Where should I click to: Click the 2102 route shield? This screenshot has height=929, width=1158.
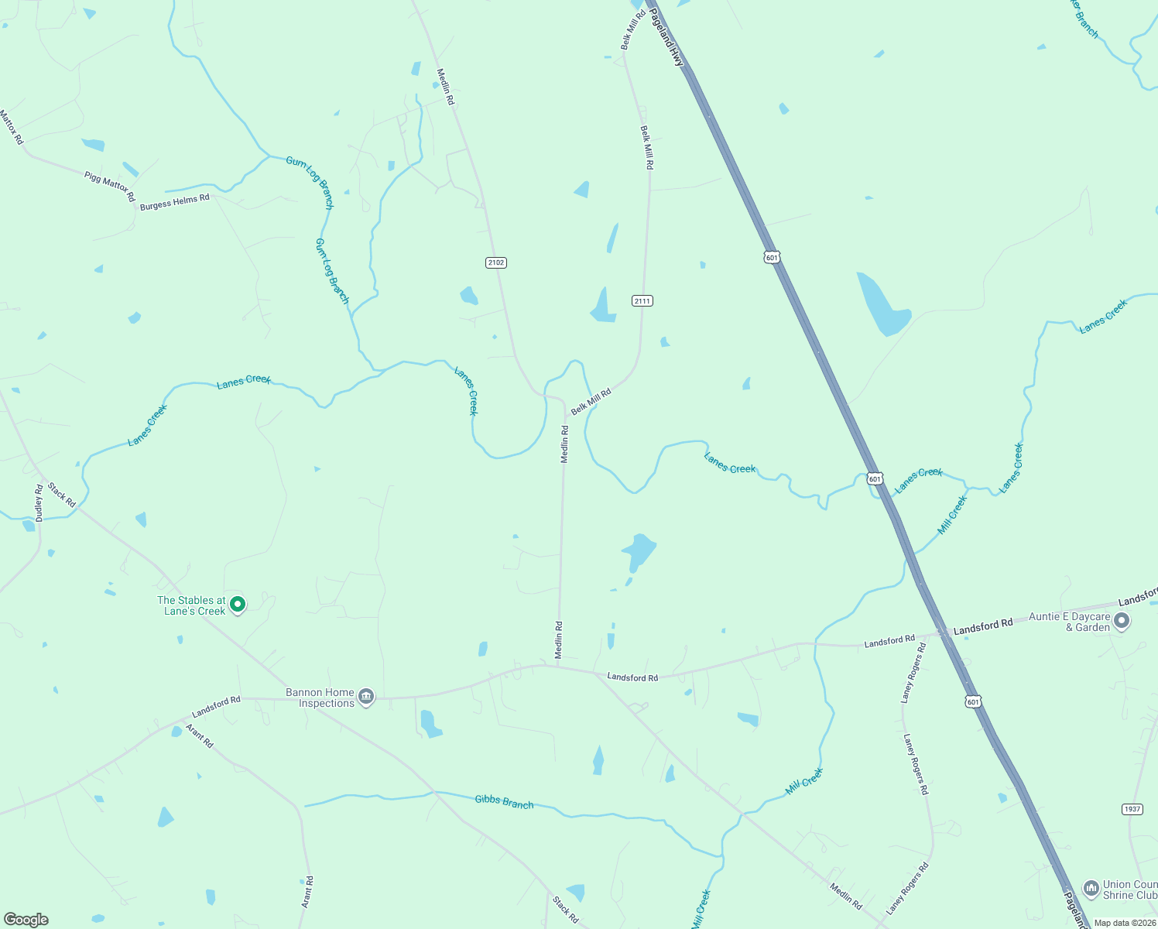(495, 262)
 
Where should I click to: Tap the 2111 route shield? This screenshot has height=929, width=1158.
(642, 300)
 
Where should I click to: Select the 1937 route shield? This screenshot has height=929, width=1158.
(1132, 809)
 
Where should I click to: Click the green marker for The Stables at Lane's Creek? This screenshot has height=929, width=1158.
(238, 604)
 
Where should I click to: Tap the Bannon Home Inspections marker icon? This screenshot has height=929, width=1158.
(366, 697)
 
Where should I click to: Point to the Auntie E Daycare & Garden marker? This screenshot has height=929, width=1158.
(1122, 621)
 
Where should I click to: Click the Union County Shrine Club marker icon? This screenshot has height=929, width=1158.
(1091, 888)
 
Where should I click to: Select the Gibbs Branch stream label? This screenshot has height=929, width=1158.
(504, 801)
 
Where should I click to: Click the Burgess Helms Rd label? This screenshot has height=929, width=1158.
(174, 202)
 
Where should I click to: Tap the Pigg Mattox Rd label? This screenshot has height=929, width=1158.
(109, 187)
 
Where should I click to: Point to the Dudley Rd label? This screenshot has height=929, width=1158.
(39, 503)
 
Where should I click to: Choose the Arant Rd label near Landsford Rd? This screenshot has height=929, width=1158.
(199, 735)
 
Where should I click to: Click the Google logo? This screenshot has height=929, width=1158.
(26, 920)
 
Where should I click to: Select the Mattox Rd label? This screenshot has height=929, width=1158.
(12, 127)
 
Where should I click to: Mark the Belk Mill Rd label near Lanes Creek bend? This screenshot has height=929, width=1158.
(591, 402)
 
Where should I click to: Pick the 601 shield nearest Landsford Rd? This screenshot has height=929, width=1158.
(973, 701)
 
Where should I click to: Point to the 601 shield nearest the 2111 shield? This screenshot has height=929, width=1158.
(771, 257)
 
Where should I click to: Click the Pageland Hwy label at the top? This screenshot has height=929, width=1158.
(667, 37)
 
